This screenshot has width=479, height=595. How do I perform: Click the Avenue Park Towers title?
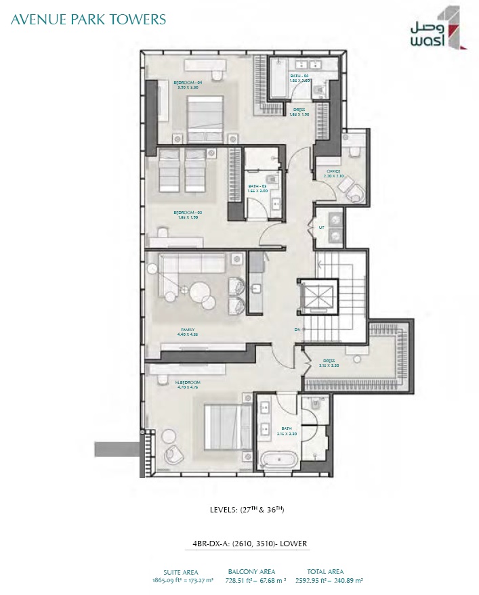89,18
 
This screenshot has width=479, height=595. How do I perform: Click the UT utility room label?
322,228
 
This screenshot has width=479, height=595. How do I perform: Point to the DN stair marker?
297,330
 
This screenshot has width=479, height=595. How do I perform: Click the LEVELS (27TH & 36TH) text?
245,510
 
